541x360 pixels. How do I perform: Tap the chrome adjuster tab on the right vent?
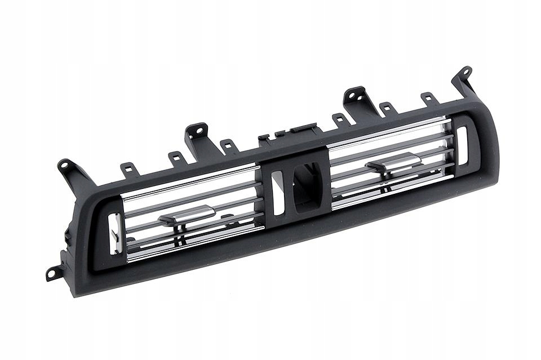click(x=394, y=163)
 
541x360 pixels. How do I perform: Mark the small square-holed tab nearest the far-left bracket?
click(x=129, y=168)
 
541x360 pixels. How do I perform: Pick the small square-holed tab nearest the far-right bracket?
click(x=429, y=99)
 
